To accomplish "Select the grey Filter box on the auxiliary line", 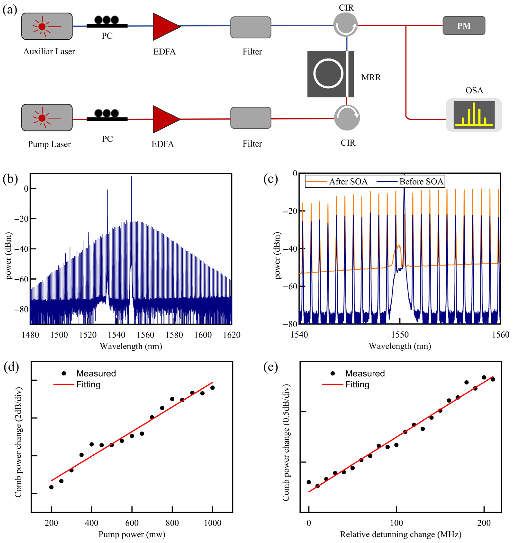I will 251,27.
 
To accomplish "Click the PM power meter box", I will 464,26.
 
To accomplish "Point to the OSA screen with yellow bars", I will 474,115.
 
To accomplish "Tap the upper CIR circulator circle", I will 345,25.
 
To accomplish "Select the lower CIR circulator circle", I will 347,118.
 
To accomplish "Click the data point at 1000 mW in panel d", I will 212,388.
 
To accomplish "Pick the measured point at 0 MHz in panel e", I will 309,482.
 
